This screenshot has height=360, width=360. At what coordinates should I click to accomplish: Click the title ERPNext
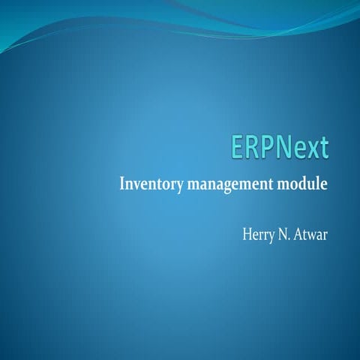[279, 148]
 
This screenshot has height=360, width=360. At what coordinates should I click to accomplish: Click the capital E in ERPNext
[238, 148]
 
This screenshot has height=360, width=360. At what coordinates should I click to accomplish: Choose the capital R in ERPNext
[253, 148]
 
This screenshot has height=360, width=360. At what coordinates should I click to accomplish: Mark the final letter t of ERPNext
[322, 148]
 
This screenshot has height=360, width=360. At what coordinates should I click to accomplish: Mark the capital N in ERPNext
[283, 148]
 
